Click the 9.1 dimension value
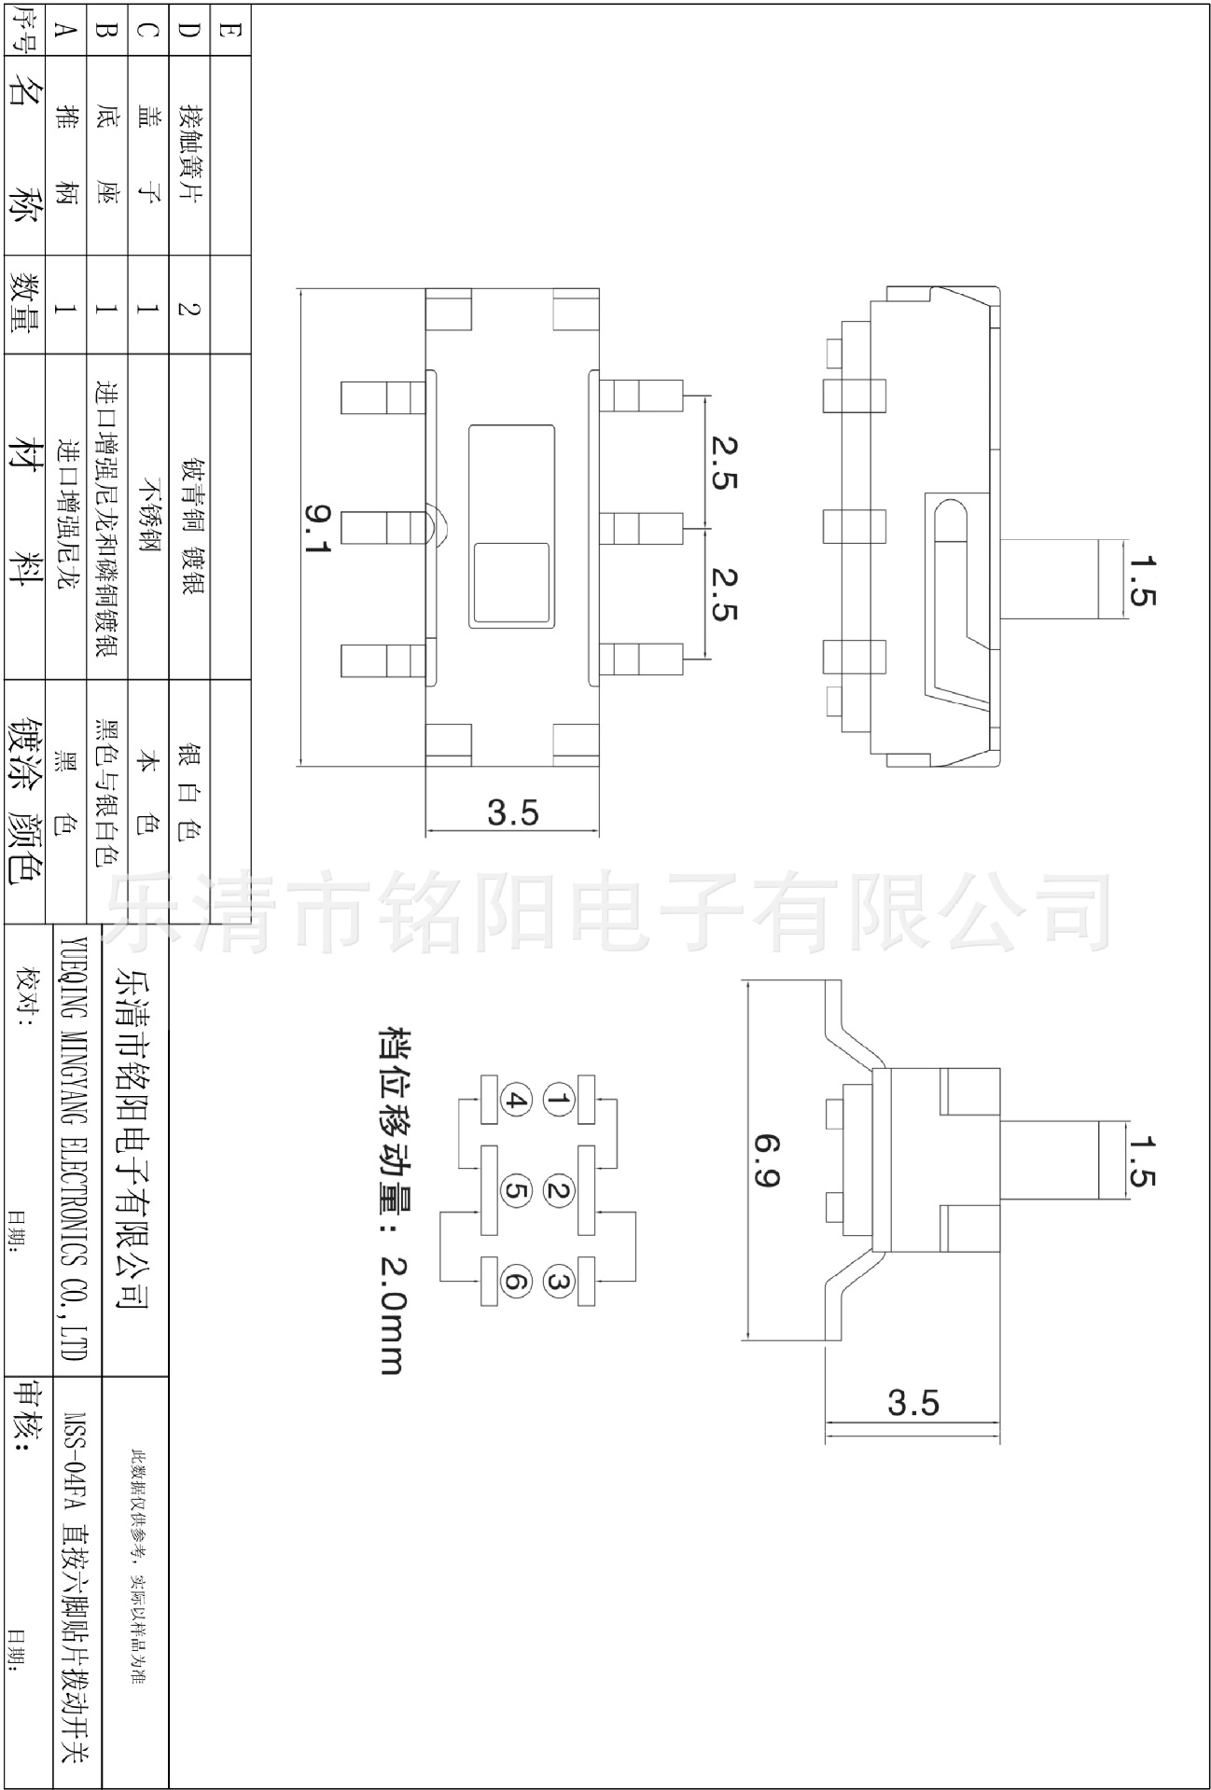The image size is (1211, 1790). click(319, 529)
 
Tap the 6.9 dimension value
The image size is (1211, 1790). click(766, 1160)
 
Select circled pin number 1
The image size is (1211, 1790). click(559, 1101)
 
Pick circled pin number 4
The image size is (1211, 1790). click(516, 1101)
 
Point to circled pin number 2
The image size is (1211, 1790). click(559, 1190)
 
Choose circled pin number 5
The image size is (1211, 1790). click(516, 1190)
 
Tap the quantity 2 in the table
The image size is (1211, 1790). click(189, 306)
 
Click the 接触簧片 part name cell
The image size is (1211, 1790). click(189, 154)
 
